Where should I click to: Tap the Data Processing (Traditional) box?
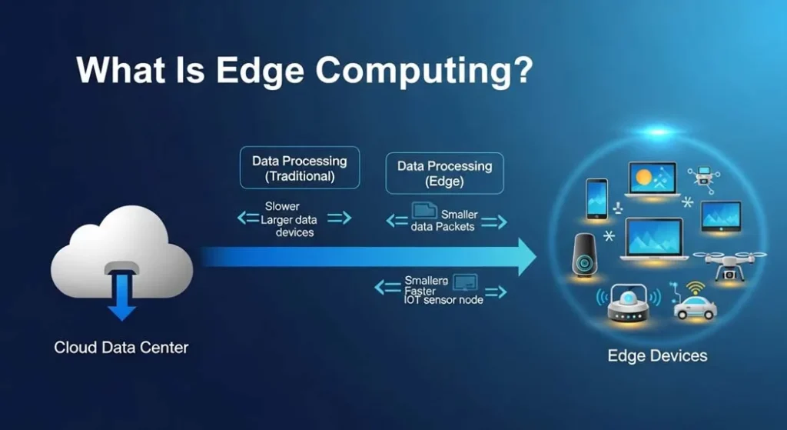pos(300,168)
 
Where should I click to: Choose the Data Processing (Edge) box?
pos(444,173)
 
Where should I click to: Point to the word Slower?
pos(282,206)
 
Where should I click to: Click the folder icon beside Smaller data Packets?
pos(423,211)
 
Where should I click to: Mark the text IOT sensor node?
pos(443,300)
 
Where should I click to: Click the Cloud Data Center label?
pos(121,348)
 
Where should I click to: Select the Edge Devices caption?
pos(657,355)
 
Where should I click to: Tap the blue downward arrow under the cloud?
pos(121,296)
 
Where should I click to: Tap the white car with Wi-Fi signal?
pos(694,306)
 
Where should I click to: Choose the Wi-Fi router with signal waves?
pos(629,303)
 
